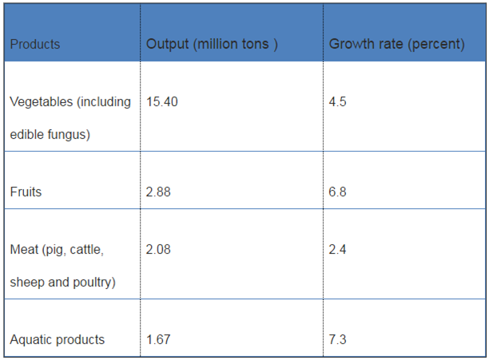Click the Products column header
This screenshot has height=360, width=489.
click(x=35, y=45)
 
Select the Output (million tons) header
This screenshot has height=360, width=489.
click(x=212, y=44)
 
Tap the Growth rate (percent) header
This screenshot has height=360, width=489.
click(x=396, y=44)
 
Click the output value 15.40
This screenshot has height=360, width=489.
click(x=162, y=102)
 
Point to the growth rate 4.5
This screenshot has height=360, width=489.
click(x=338, y=102)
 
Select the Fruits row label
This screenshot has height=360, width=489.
click(x=26, y=192)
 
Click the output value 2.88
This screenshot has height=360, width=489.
click(x=159, y=192)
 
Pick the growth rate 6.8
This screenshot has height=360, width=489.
click(x=338, y=192)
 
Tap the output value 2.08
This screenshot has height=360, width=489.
click(x=159, y=250)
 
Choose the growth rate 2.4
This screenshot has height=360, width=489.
click(x=338, y=250)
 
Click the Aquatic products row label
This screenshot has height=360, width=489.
click(x=58, y=340)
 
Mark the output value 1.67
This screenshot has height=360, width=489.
click(x=159, y=340)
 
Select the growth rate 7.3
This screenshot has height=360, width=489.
click(x=338, y=340)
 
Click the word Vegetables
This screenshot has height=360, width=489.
click(x=39, y=102)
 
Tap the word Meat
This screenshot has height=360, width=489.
click(x=24, y=250)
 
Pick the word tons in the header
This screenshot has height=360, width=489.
click(x=256, y=44)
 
